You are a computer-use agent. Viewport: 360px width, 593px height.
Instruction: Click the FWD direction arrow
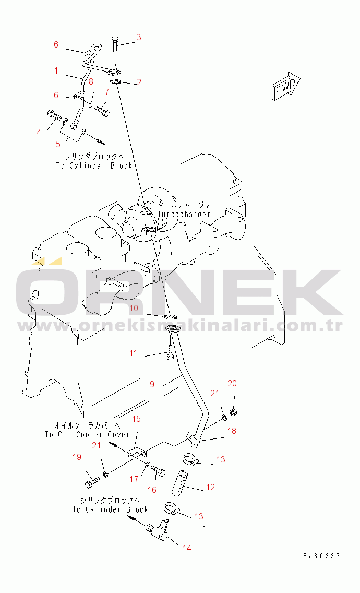click(x=285, y=87)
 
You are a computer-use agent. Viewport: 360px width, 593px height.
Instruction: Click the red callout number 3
click(x=139, y=37)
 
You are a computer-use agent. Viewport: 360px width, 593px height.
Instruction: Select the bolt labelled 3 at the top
click(x=116, y=44)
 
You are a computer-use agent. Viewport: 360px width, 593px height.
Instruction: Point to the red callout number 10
click(x=134, y=308)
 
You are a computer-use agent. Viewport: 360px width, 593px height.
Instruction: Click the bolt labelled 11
click(x=170, y=352)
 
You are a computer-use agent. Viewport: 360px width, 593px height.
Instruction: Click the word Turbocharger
click(x=184, y=215)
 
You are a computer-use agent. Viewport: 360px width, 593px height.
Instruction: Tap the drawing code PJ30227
click(x=321, y=555)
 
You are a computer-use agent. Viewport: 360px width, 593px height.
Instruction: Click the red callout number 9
click(x=152, y=384)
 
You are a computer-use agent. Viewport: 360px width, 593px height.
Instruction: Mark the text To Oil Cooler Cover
click(x=87, y=434)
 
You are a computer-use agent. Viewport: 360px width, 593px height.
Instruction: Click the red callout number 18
click(x=232, y=431)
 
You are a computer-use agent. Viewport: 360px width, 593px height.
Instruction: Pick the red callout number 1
click(x=56, y=70)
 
